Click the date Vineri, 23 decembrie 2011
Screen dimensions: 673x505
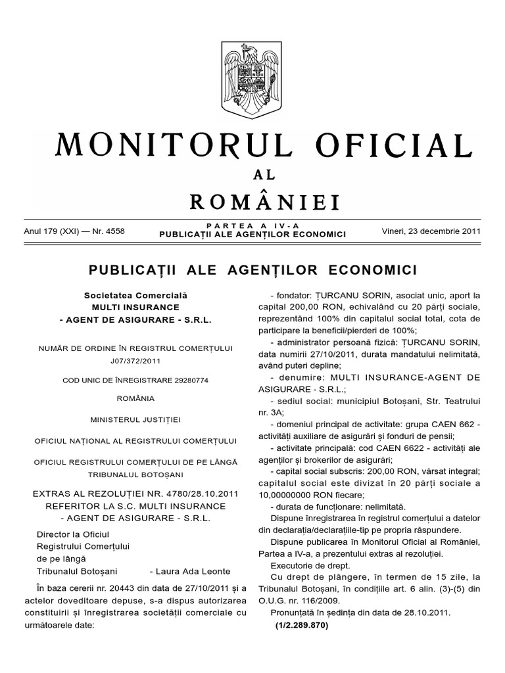[x=431, y=231]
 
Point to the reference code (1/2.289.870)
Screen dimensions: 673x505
[x=301, y=624]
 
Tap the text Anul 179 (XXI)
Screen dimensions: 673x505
[x=49, y=231]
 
